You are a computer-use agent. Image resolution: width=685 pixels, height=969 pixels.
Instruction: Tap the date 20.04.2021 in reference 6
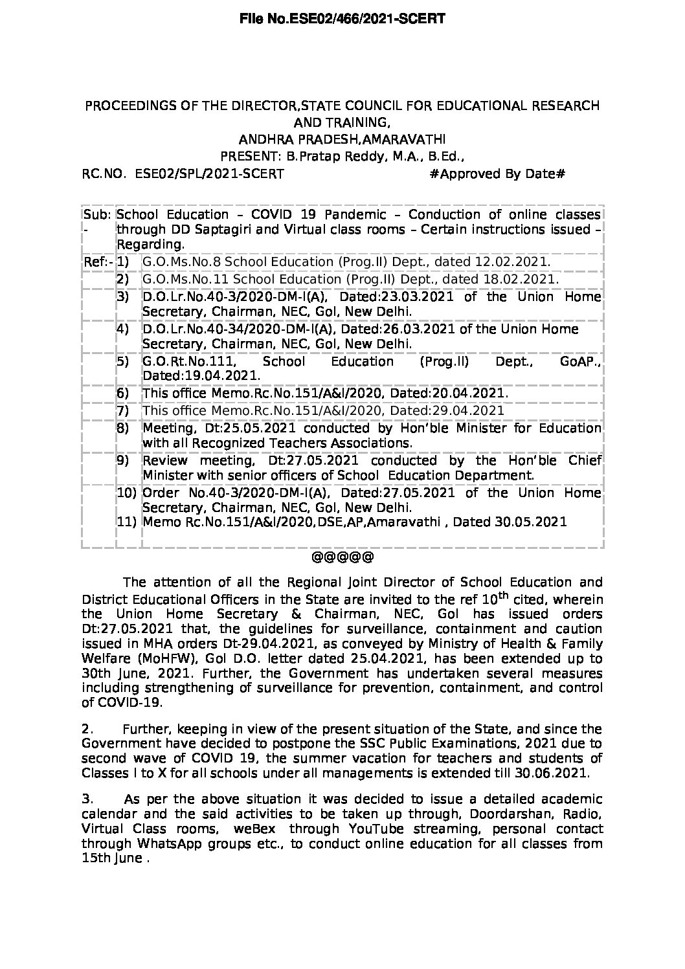pos(475,393)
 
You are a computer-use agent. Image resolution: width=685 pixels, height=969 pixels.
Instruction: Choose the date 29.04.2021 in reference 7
pos(471,410)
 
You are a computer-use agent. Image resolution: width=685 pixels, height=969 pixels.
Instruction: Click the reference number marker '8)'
pos(123,427)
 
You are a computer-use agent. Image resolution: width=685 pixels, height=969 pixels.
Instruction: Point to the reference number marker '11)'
pos(127,522)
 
